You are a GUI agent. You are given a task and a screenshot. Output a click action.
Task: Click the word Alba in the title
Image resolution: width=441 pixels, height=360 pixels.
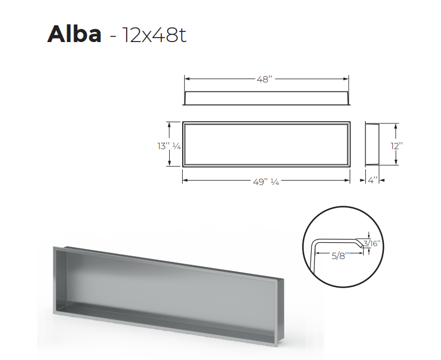coord(75,34)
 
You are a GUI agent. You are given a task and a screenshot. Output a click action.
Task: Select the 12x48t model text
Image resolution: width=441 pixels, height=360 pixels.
coord(152,35)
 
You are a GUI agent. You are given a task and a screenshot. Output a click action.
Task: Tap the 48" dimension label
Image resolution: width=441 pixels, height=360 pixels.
coord(265,79)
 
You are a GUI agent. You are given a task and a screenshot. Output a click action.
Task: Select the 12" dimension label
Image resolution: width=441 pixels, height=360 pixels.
coord(397,145)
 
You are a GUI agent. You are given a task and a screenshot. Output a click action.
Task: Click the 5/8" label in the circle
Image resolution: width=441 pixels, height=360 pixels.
coord(340,255)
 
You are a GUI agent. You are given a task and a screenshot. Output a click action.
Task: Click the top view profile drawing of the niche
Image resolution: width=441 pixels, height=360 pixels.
coord(266,98)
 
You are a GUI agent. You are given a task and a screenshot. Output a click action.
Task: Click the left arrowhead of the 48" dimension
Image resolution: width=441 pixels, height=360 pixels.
coord(187,79)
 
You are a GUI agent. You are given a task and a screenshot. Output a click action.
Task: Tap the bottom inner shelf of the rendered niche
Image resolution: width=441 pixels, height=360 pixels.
coord(168,320)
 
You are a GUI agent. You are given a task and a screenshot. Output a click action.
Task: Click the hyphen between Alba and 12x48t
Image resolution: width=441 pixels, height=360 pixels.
coord(113,36)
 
